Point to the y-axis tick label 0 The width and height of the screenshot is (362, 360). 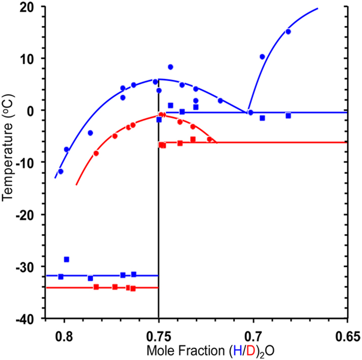[31, 111]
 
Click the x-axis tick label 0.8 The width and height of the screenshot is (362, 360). [64, 336]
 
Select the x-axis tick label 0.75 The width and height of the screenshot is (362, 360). [159, 336]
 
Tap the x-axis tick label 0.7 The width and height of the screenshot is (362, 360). [253, 336]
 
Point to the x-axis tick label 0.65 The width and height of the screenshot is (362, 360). [347, 336]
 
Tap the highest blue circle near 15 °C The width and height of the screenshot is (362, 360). [288, 31]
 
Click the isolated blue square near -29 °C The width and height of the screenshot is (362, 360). [66, 259]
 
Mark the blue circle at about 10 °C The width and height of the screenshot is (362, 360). [262, 57]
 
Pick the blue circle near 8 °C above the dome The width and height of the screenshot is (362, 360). [170, 67]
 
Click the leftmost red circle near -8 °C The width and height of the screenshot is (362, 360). [96, 153]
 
